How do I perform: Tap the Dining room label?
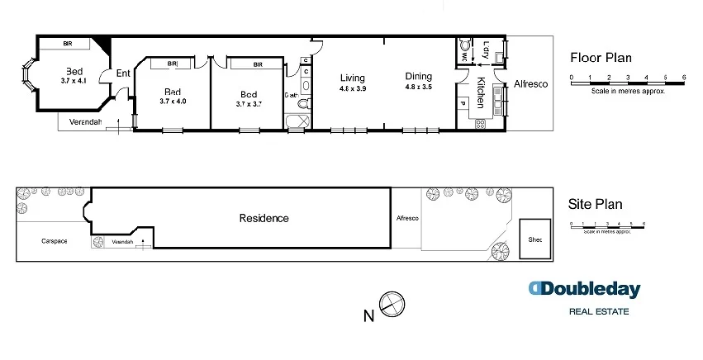click(418, 77)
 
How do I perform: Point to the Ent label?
click(123, 73)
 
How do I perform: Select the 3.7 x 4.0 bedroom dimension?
click(173, 101)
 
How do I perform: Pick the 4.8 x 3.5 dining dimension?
click(418, 87)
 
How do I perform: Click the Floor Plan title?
click(601, 58)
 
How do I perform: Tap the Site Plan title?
click(596, 204)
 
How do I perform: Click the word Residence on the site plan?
click(264, 218)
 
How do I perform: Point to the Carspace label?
click(54, 241)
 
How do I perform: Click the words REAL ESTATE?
click(599, 311)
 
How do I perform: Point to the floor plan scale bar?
click(628, 78)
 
